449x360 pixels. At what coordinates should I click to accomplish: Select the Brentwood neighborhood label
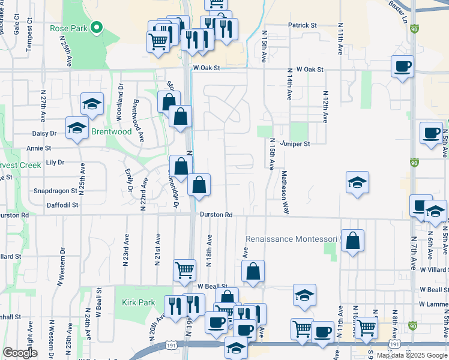tap(111, 131)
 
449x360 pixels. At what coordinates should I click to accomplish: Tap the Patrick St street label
tap(302, 25)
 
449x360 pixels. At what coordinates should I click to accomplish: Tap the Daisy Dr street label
tap(45, 133)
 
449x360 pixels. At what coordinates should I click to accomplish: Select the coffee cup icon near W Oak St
tap(402, 65)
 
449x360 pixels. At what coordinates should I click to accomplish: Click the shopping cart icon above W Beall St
tap(184, 269)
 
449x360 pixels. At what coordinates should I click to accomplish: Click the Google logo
tap(20, 353)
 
